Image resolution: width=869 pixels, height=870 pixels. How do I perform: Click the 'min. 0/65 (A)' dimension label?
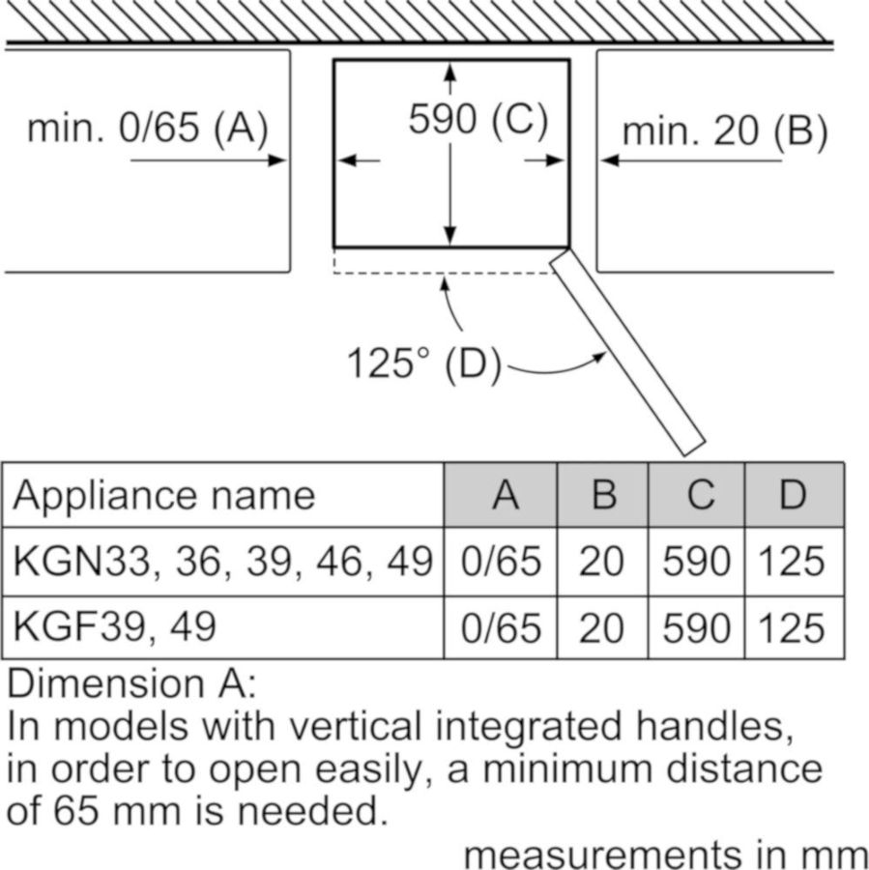tap(147, 129)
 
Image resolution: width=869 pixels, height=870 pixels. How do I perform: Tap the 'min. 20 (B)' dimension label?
tap(725, 130)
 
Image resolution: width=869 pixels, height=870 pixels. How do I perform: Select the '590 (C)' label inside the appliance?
tap(478, 120)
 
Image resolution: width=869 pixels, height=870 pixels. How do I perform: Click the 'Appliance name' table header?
tap(163, 495)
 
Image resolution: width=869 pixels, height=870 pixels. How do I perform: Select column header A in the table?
tap(505, 495)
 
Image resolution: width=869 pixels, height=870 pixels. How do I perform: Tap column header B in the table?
tap(603, 495)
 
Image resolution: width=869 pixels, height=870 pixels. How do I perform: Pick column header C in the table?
tap(700, 495)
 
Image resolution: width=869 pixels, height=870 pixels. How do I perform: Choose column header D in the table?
tap(793, 495)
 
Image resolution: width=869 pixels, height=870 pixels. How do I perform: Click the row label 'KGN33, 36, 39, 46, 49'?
tap(221, 561)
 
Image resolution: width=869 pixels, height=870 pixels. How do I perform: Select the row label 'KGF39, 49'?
tap(113, 627)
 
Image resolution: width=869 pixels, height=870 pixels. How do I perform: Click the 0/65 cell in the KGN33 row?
tap(502, 562)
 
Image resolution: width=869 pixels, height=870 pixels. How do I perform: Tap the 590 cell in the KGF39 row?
tap(696, 628)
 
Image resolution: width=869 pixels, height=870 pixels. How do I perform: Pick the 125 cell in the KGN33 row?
tap(792, 562)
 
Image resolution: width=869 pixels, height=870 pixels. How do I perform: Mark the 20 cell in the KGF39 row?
tap(601, 628)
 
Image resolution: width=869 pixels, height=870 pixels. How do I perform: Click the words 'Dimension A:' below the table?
tap(132, 683)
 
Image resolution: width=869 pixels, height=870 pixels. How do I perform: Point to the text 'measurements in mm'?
tap(665, 855)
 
